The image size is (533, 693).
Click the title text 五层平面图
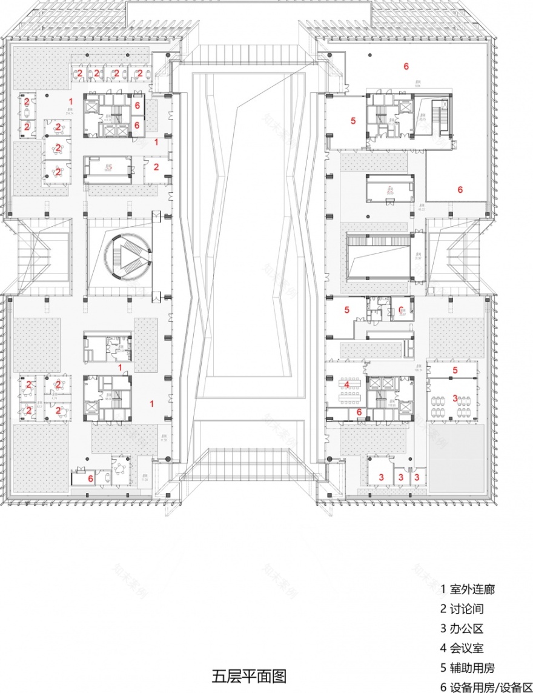pos(248,675)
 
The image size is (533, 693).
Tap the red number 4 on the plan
pos(346,384)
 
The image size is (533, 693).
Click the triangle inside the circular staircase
pos(128,258)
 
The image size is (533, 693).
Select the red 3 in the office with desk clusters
pos(455,398)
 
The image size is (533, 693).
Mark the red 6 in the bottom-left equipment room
pos(91,478)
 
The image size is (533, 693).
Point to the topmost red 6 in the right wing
pos(406,65)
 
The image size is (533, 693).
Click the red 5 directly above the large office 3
pos(455,370)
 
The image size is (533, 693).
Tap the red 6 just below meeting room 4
pos(359,412)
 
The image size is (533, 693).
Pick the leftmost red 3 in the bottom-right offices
pos(381,477)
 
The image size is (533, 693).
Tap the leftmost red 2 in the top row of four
pos(79,73)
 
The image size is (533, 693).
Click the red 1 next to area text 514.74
pos(71,101)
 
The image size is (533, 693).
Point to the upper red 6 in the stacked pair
pos(137,105)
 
